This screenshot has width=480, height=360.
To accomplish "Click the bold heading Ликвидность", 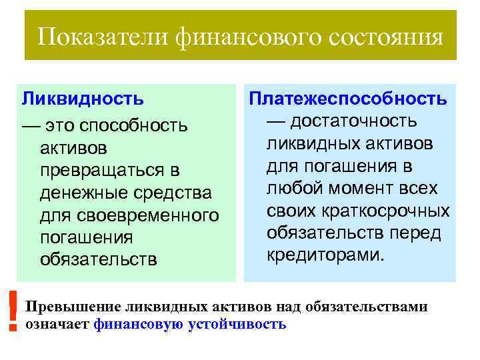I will tap(83, 99).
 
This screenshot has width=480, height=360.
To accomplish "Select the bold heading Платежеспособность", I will tap(347, 99).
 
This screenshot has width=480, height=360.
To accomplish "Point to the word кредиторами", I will tap(325, 255).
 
